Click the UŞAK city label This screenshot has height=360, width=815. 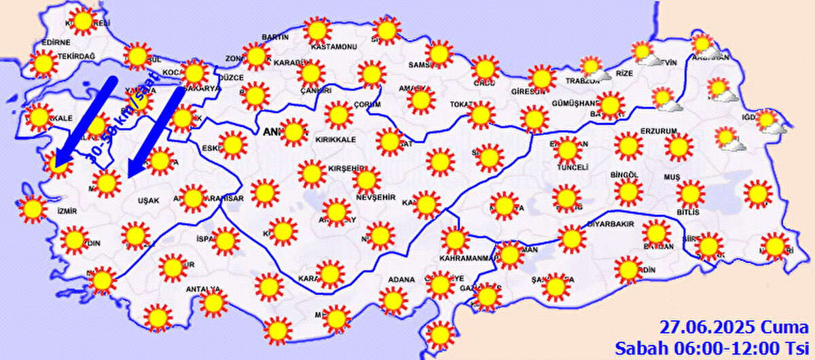click(x=147, y=201)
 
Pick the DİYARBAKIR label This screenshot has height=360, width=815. click(x=610, y=223)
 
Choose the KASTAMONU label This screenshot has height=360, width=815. click(x=333, y=47)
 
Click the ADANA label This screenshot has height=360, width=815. click(x=401, y=279)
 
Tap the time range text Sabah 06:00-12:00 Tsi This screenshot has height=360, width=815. click(x=713, y=347)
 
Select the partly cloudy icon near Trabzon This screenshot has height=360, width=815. click(x=593, y=67)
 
